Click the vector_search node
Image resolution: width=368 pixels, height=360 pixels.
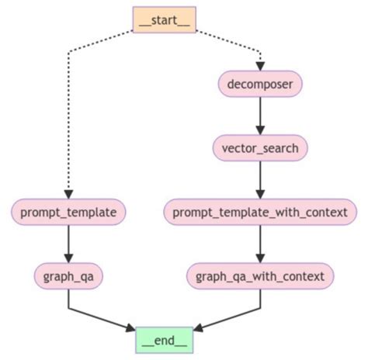coord(260,147)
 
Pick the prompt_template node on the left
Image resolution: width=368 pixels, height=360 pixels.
coord(69,211)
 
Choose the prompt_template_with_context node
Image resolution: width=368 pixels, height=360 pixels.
coord(260,211)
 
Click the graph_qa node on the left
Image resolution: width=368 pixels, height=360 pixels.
coord(69,275)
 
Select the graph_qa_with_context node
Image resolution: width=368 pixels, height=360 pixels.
coord(260,275)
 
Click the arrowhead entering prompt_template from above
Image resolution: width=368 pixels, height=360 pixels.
coord(69,193)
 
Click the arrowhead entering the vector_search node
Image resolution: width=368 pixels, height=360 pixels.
coord(260,130)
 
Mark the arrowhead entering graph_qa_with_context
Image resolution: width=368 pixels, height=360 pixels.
coord(260,258)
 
